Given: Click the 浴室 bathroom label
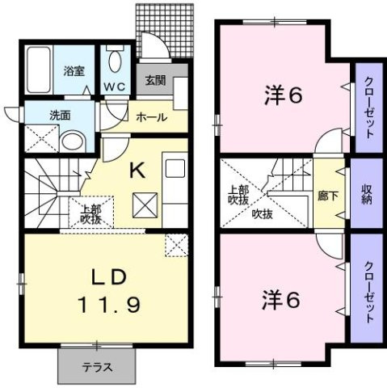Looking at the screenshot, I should [74, 71].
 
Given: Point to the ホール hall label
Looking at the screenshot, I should [151, 117].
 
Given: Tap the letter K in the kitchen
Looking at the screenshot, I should [137, 170].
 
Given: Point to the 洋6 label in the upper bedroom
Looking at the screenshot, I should [282, 95].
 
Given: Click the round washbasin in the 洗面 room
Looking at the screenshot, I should [73, 140].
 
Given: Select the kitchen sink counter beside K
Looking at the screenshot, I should [175, 186].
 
